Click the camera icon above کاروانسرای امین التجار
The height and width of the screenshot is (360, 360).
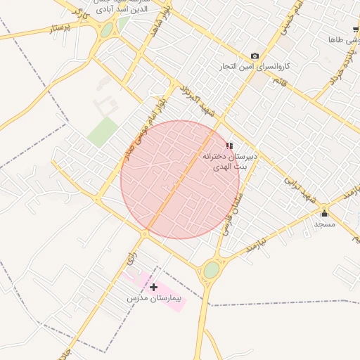(255, 56)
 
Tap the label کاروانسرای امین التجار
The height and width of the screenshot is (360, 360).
(255, 66)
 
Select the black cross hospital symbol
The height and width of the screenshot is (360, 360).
(153, 287)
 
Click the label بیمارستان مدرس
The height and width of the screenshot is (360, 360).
(155, 299)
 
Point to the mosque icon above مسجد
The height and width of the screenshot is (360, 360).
(324, 213)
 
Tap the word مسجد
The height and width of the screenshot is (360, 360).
(324, 224)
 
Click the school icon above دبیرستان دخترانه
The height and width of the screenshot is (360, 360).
(229, 146)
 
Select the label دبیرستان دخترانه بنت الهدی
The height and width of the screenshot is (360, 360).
(230, 162)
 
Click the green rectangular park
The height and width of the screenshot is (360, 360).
(103, 131)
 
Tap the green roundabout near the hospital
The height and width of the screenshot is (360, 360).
(211, 269)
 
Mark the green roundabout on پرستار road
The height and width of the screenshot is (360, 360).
(106, 30)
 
